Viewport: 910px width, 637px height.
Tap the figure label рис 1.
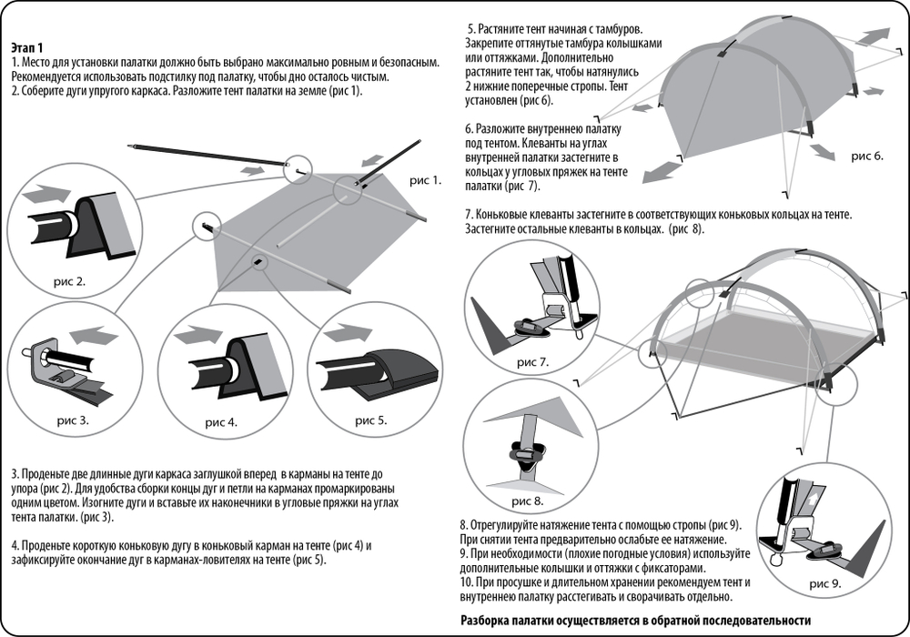(425, 180)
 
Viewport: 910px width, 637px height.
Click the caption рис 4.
(221, 421)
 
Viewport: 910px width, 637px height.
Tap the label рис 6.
(867, 156)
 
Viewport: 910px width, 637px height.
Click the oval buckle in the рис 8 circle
(526, 450)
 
